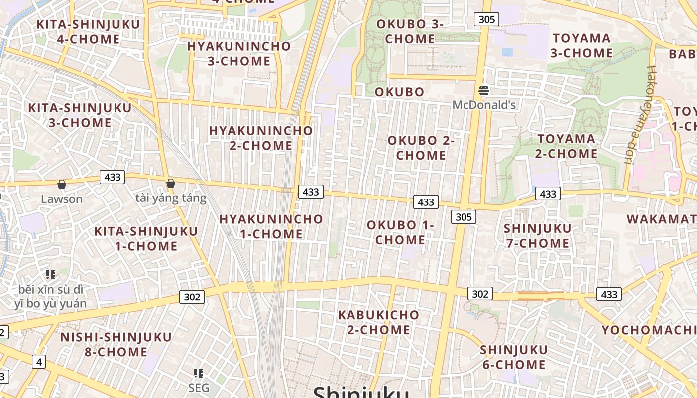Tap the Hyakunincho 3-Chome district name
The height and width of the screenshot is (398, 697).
(x=238, y=54)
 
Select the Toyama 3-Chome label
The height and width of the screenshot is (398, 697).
(x=581, y=45)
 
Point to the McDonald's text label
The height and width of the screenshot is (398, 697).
(x=483, y=105)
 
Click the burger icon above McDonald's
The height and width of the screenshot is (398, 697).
(x=483, y=91)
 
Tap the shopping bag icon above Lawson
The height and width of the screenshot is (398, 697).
(x=62, y=185)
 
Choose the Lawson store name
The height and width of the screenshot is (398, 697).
(x=62, y=199)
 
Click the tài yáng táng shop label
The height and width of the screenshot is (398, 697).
(x=171, y=198)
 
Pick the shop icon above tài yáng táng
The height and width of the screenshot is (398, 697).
(x=171, y=184)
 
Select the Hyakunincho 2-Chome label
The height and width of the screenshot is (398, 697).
(x=261, y=138)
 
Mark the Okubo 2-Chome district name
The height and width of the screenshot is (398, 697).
(x=421, y=148)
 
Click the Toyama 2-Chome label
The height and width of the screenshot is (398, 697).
(x=566, y=146)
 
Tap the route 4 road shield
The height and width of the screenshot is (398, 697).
(x=39, y=362)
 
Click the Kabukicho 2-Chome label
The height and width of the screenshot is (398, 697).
(x=378, y=322)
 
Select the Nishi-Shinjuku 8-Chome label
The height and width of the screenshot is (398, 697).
(x=116, y=344)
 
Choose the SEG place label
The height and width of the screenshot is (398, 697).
(x=199, y=388)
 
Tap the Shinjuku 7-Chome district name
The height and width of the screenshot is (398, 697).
(x=537, y=236)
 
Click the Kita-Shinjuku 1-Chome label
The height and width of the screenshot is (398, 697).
(x=146, y=238)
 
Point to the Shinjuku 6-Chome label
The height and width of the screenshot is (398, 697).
(x=513, y=357)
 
